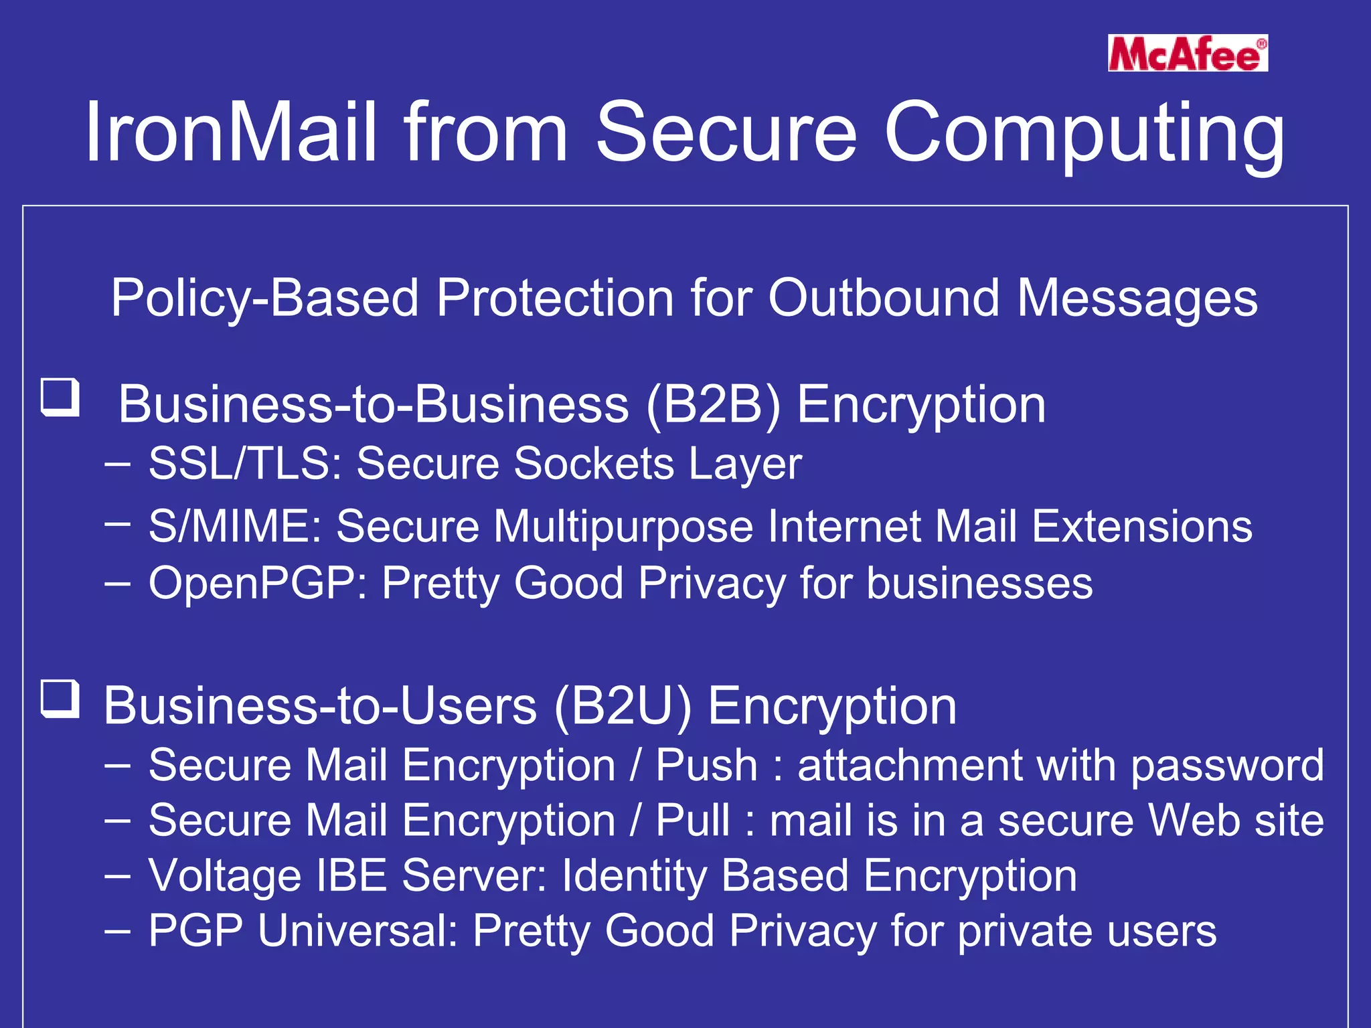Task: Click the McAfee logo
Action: pyautogui.click(x=1188, y=53)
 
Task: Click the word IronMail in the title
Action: pyautogui.click(x=231, y=132)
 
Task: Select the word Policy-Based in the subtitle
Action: pyautogui.click(x=264, y=298)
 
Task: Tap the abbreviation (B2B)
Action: pyautogui.click(x=714, y=406)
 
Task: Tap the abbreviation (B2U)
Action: pyautogui.click(x=623, y=707)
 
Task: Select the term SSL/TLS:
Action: pyautogui.click(x=245, y=463)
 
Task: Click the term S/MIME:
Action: pyautogui.click(x=235, y=526)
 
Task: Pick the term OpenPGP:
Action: pyautogui.click(x=258, y=583)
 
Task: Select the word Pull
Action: pyautogui.click(x=693, y=820)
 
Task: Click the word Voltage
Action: pyautogui.click(x=225, y=876)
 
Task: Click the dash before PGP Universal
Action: pyautogui.click(x=117, y=932)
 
